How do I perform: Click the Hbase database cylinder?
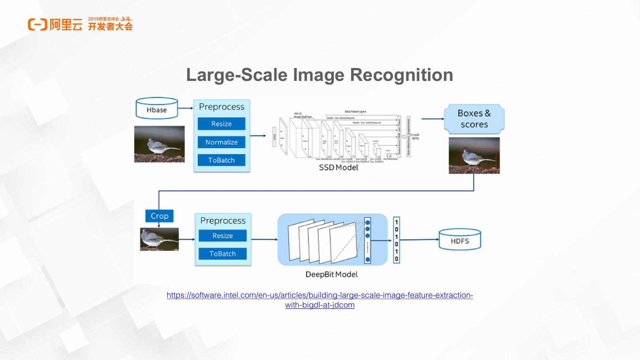click(156, 109)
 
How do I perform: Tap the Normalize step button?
click(221, 142)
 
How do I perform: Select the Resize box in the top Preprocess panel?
click(221, 124)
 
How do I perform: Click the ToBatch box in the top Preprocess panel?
click(221, 160)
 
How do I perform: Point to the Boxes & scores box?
click(474, 119)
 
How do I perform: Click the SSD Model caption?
click(338, 168)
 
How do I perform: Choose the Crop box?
click(159, 216)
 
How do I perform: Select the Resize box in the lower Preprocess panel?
click(223, 236)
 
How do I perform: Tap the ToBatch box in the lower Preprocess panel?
click(223, 254)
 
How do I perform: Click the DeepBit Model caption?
click(332, 274)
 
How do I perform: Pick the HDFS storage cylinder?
click(460, 240)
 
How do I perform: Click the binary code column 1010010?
click(396, 240)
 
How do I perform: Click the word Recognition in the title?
click(402, 75)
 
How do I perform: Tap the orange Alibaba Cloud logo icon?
click(37, 24)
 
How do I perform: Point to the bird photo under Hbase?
click(159, 144)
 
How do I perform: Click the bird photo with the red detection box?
click(474, 155)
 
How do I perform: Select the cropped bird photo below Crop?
click(159, 239)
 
